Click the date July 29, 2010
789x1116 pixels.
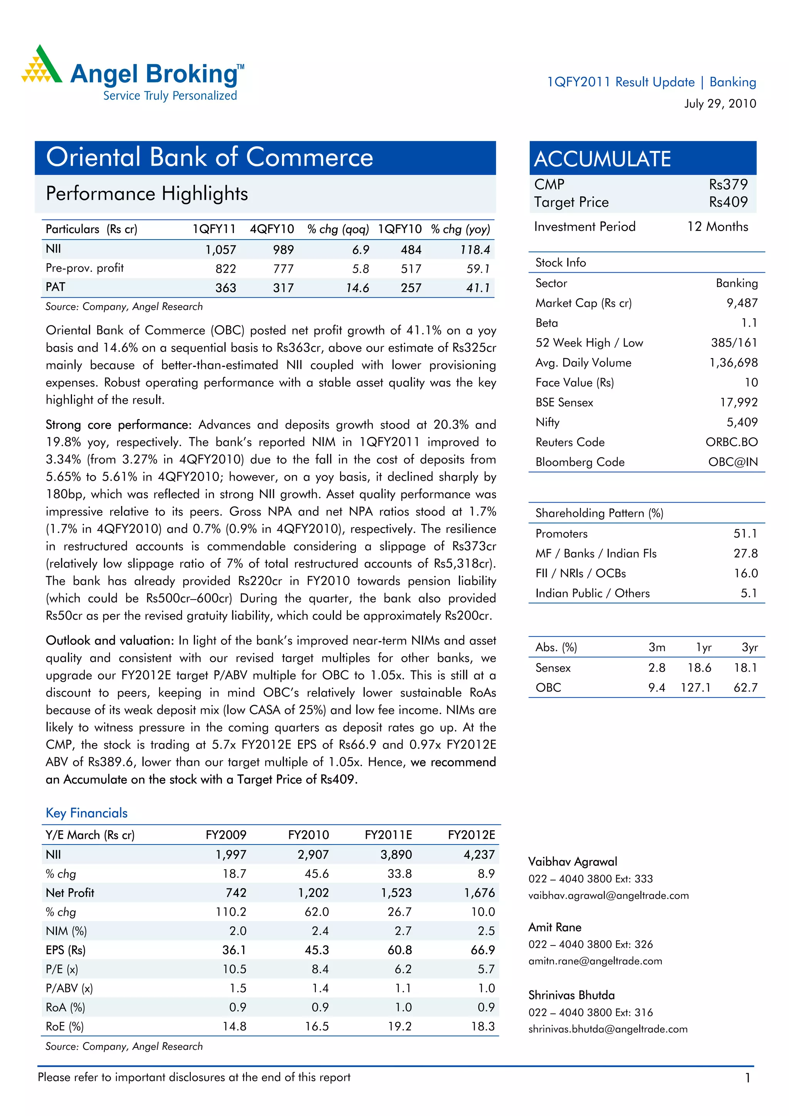pyautogui.click(x=720, y=104)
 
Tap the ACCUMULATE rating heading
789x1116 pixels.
pyautogui.click(x=602, y=159)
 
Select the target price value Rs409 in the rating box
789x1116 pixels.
pyautogui.click(x=728, y=202)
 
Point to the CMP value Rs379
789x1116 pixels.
pyautogui.click(x=728, y=185)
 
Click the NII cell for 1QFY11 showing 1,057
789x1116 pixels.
pyautogui.click(x=220, y=250)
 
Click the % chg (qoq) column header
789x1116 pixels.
pyautogui.click(x=338, y=230)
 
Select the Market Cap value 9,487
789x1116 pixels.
pyautogui.click(x=742, y=303)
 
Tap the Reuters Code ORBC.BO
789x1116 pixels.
pyautogui.click(x=731, y=442)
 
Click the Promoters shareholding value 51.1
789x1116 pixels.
pyautogui.click(x=745, y=534)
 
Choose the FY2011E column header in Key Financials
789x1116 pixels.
pyautogui.click(x=388, y=835)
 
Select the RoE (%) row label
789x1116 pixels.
pyautogui.click(x=65, y=1027)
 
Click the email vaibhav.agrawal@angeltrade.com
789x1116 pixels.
pyautogui.click(x=608, y=896)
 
